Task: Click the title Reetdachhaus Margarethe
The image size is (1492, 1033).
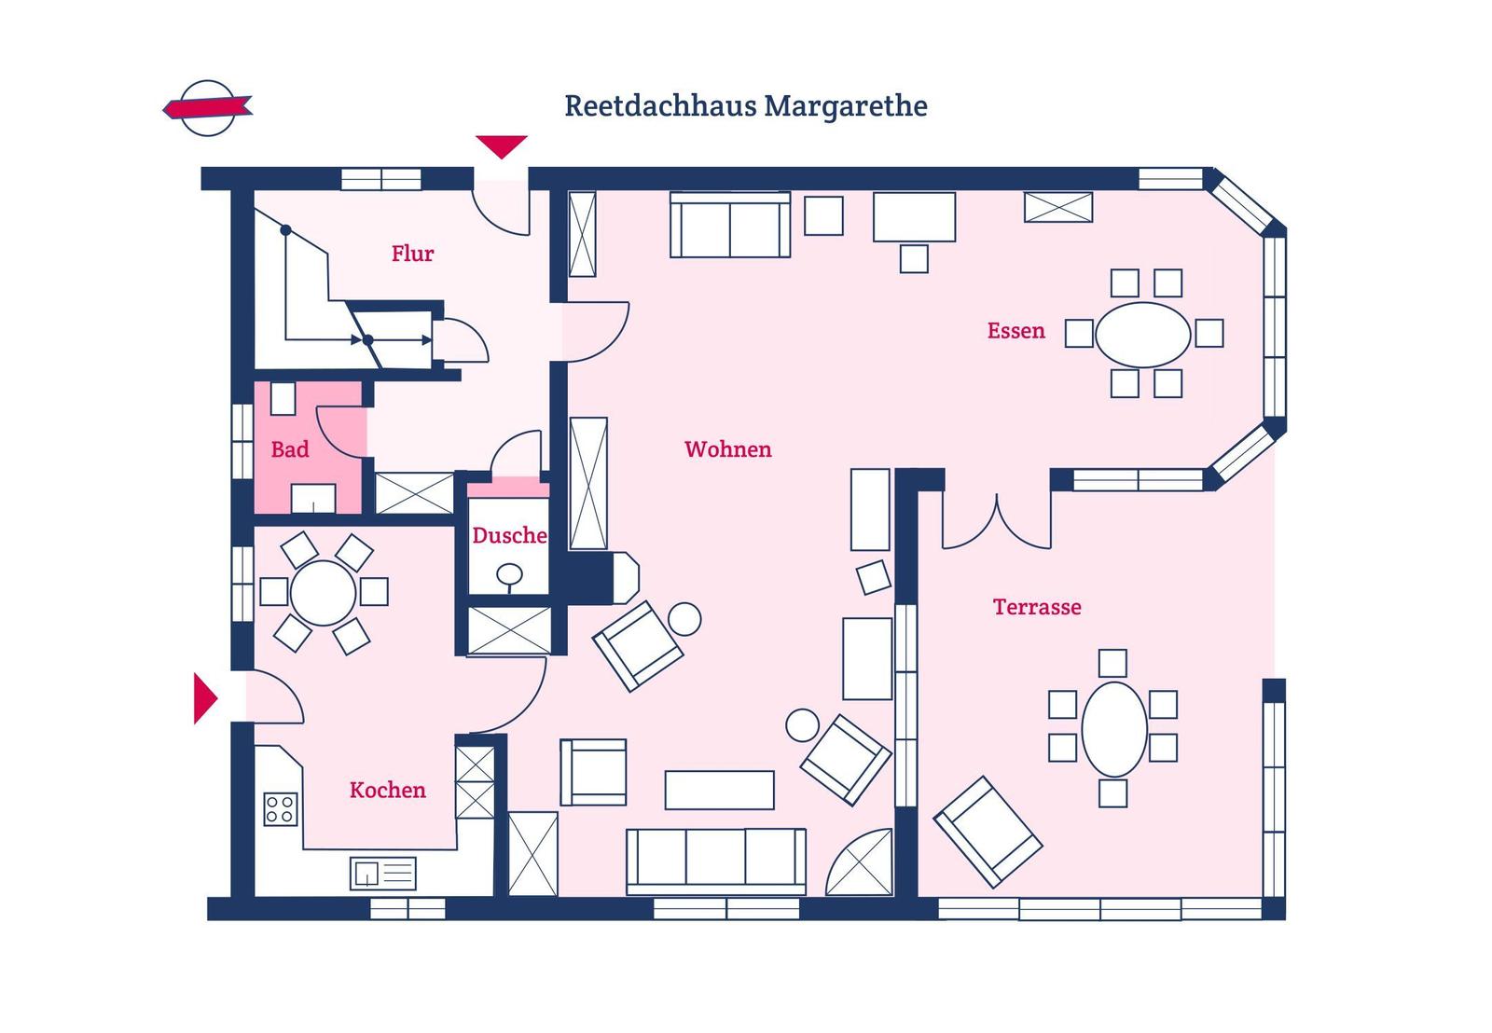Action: click(x=745, y=106)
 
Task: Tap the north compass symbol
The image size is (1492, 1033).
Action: click(x=208, y=108)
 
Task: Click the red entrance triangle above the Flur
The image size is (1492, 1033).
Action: click(x=501, y=146)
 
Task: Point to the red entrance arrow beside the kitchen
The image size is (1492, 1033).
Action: click(x=205, y=698)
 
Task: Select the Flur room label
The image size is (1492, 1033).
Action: click(x=412, y=254)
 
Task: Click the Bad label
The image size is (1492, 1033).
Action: click(x=290, y=449)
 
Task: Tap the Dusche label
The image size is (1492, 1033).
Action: click(x=509, y=535)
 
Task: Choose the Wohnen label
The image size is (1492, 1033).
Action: click(x=728, y=449)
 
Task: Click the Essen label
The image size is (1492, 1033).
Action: click(x=1015, y=331)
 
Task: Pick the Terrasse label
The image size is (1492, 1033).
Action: click(x=1037, y=607)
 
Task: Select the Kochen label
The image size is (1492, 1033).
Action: click(x=388, y=790)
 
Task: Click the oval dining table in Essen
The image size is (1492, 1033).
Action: click(x=1143, y=335)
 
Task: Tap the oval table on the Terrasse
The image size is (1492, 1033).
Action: click(x=1114, y=729)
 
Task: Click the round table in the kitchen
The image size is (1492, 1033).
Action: click(x=323, y=593)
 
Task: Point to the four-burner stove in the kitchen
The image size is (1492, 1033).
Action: click(x=281, y=809)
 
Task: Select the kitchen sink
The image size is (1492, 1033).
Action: click(x=383, y=874)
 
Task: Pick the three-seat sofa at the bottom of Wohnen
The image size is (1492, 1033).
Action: click(x=716, y=861)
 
